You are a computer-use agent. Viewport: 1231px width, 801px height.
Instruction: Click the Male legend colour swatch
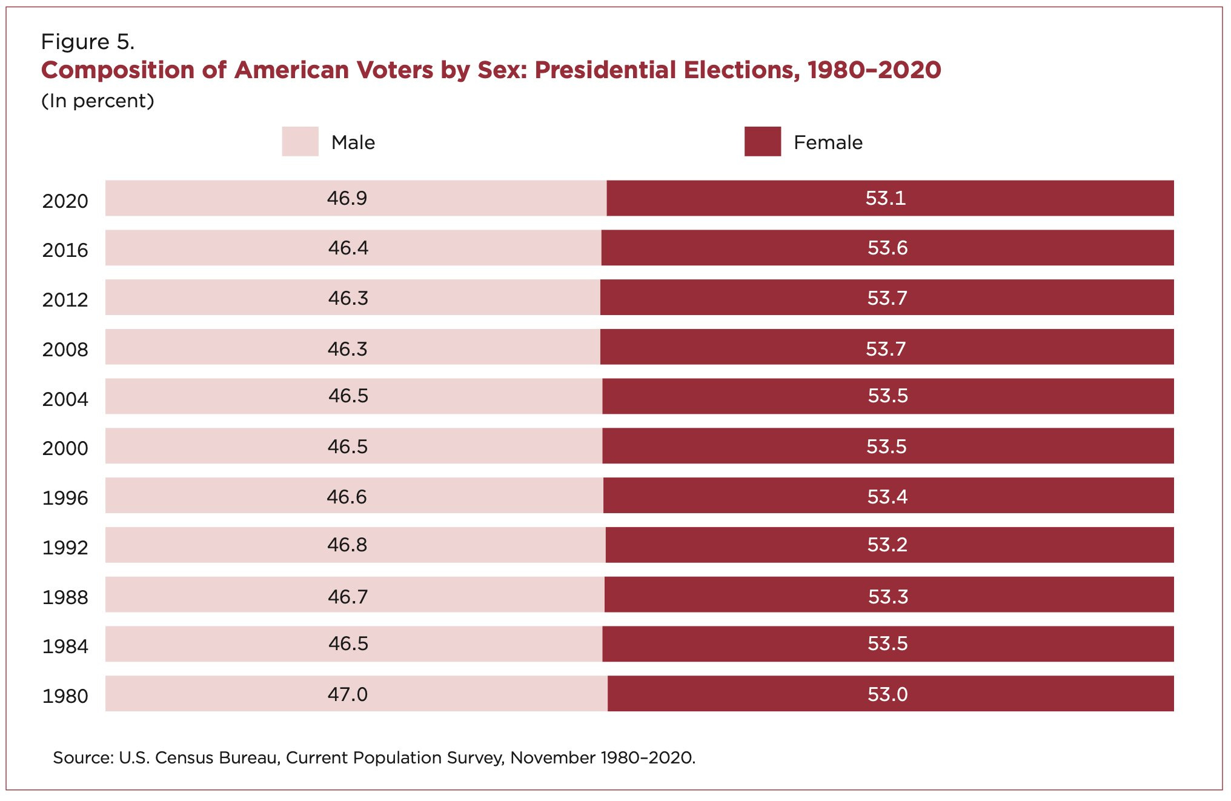[x=300, y=141]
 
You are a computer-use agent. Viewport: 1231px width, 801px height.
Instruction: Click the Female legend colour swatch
[x=762, y=141]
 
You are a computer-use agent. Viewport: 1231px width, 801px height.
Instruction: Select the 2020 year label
[x=65, y=201]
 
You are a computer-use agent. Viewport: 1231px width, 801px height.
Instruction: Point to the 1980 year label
[x=65, y=696]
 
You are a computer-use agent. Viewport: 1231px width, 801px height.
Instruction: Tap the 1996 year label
[x=65, y=498]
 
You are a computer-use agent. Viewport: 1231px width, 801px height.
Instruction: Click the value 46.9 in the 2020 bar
[x=347, y=198]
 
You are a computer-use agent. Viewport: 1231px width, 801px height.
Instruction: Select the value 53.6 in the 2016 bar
[x=888, y=248]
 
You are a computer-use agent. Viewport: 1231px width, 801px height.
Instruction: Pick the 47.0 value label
[x=347, y=694]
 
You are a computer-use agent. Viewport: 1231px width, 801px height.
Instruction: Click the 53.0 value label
[x=888, y=694]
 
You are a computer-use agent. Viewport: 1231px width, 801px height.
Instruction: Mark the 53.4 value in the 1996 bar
[x=887, y=497]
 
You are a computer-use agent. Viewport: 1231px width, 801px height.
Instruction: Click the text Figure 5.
[x=87, y=42]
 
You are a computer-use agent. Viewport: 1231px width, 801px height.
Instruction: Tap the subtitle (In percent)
[x=98, y=101]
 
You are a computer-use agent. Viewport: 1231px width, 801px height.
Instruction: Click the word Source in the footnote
[x=82, y=758]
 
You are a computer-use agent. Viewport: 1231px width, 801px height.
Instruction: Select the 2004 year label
[x=65, y=399]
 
